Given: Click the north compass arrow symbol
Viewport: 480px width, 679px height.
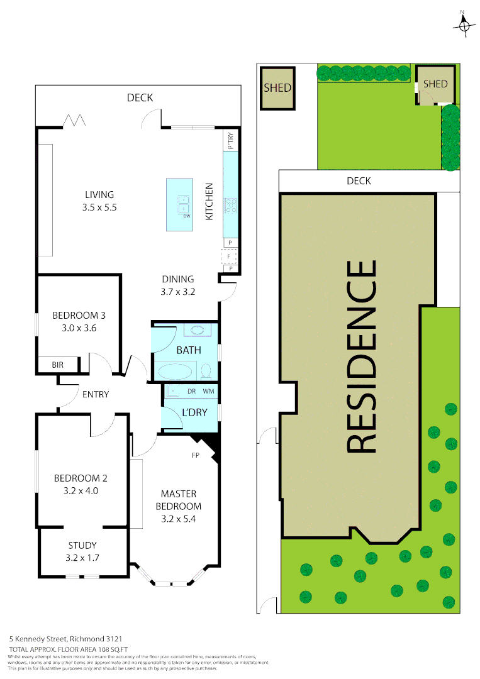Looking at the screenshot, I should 464,23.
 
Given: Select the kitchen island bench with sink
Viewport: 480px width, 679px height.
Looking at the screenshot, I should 179,204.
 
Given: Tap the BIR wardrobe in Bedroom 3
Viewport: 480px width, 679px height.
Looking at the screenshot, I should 58,365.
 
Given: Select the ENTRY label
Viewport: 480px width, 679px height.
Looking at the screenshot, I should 96,395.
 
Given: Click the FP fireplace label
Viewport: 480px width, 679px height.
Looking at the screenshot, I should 196,455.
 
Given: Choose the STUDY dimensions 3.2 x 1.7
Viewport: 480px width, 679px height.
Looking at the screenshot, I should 83,557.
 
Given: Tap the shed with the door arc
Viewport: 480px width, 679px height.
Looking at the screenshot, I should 435,84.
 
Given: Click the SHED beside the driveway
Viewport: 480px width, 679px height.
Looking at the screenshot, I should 277,87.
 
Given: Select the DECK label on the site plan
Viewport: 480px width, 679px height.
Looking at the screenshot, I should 359,181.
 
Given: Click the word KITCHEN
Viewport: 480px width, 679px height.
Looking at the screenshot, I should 210,201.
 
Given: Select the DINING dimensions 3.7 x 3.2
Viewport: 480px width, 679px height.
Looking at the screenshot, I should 178,292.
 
